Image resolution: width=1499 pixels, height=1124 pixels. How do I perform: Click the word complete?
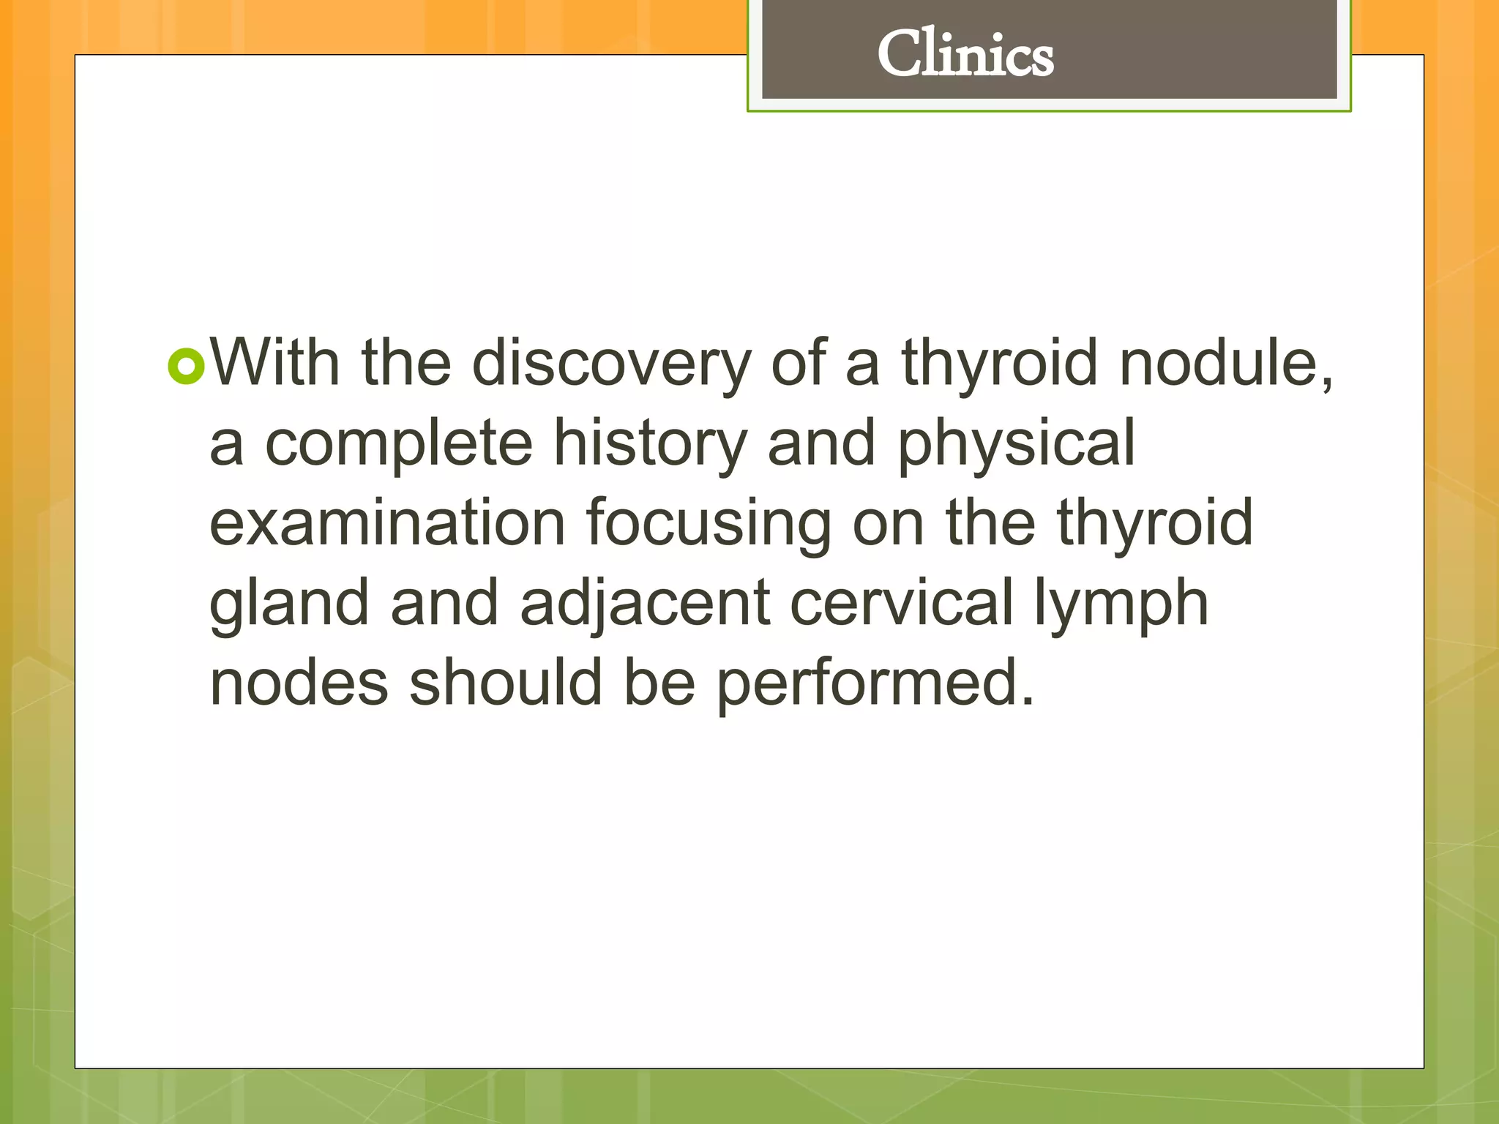tap(398, 443)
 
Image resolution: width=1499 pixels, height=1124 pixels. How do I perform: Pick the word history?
tap(650, 443)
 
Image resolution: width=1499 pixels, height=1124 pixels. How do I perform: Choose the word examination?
tap(387, 522)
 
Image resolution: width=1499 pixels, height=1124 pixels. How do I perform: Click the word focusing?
tap(708, 524)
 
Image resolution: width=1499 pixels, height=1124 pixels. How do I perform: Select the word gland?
tap(289, 604)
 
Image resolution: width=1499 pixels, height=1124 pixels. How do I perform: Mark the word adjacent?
tap(645, 604)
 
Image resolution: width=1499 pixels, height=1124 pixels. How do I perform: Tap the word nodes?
tap(299, 682)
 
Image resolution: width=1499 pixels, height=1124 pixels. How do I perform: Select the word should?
tap(505, 682)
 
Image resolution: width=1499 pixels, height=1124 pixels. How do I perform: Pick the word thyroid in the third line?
tap(1154, 524)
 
